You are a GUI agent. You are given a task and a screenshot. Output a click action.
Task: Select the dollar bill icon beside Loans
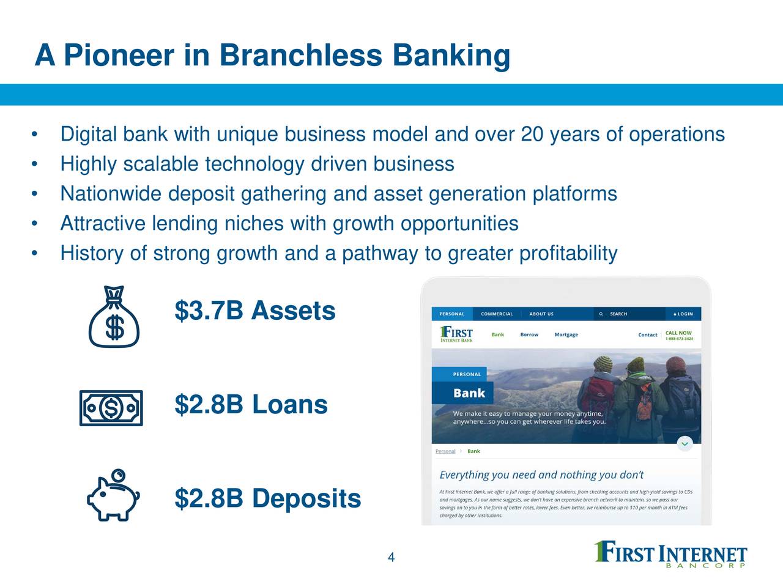111,407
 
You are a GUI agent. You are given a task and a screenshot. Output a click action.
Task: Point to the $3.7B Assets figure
254,311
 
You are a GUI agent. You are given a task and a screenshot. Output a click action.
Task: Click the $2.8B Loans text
251,404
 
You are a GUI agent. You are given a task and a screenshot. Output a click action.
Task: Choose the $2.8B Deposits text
267,498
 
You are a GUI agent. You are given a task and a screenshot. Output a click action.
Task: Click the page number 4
391,557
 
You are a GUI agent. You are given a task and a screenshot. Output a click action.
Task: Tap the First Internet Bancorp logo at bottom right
670,555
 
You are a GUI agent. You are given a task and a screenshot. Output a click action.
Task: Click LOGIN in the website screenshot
683,314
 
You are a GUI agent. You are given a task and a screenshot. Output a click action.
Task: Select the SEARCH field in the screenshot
618,314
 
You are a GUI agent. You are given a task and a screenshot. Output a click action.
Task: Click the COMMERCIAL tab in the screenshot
497,314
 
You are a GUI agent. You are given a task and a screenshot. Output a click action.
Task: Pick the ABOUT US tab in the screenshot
541,314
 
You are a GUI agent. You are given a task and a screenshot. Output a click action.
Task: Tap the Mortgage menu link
566,334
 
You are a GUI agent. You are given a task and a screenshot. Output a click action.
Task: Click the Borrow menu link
529,334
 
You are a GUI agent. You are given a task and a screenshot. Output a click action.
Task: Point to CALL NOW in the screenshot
678,333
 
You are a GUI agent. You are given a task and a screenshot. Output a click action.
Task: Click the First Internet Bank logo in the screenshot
456,334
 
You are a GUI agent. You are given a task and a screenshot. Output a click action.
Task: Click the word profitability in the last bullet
568,253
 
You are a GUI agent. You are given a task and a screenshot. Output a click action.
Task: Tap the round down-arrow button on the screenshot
685,443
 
